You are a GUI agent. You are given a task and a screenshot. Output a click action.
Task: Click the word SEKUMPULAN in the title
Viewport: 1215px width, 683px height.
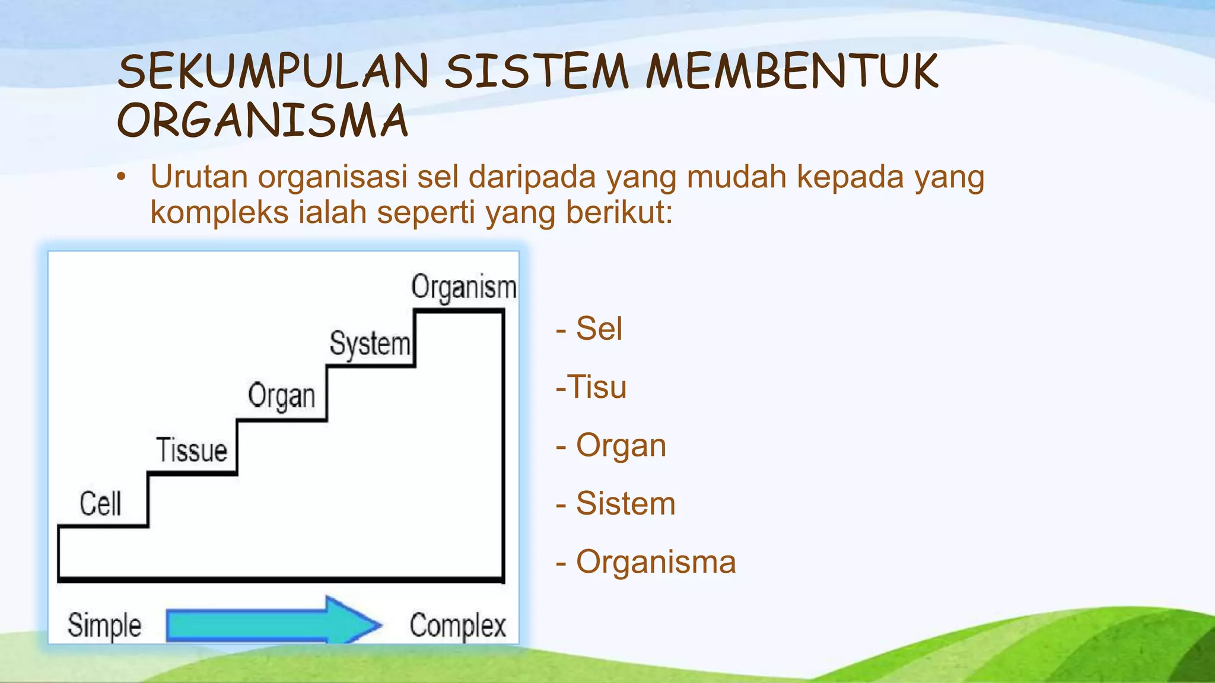(273, 72)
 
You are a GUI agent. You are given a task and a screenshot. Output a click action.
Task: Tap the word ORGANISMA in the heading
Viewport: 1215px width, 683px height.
(263, 121)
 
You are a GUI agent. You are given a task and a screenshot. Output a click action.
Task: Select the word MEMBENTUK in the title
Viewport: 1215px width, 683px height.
(792, 72)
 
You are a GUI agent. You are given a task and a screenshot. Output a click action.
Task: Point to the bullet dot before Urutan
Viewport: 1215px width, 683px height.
(122, 177)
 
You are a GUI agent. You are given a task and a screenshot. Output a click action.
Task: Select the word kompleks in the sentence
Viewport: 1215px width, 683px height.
(219, 213)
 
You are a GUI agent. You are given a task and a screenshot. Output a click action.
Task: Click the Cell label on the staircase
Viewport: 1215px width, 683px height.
(100, 504)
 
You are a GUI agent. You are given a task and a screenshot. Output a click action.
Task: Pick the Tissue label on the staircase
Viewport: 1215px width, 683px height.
(192, 450)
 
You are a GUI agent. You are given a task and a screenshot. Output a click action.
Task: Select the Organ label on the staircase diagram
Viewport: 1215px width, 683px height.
(281, 397)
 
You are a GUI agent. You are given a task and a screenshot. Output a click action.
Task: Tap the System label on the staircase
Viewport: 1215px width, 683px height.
(370, 344)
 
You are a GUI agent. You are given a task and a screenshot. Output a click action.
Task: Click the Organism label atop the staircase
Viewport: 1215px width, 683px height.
(464, 288)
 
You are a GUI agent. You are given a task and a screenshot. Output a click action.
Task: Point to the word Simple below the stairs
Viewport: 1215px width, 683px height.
(104, 626)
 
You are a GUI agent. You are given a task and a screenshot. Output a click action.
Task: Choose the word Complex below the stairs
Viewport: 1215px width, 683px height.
(457, 626)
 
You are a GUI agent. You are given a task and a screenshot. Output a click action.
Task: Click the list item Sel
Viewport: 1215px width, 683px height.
(599, 329)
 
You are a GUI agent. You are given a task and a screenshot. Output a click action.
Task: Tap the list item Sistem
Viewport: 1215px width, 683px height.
(625, 504)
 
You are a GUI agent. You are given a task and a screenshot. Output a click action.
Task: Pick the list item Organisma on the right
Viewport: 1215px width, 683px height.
(655, 562)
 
